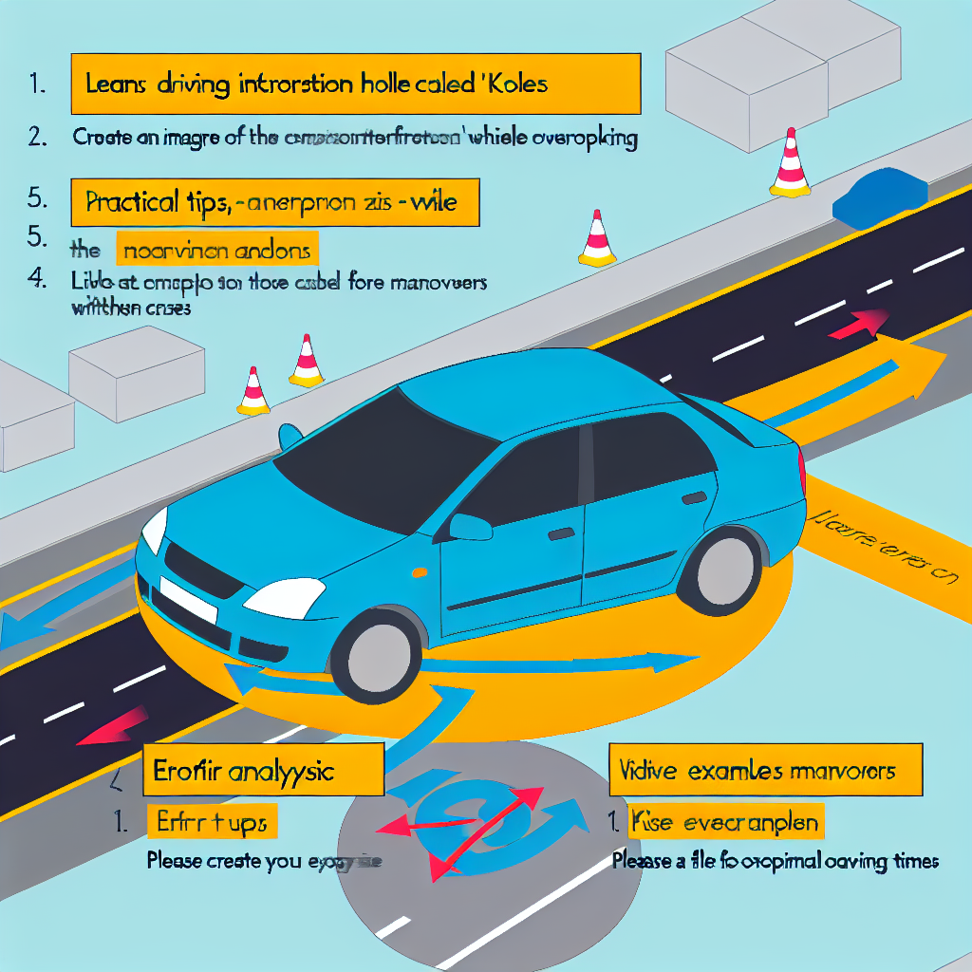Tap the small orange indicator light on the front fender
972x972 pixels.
click(x=418, y=574)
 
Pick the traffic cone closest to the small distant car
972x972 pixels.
click(x=790, y=166)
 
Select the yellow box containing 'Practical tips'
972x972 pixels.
click(x=275, y=202)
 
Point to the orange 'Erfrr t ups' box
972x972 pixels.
click(x=213, y=822)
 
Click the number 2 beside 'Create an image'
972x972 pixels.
click(x=38, y=137)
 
